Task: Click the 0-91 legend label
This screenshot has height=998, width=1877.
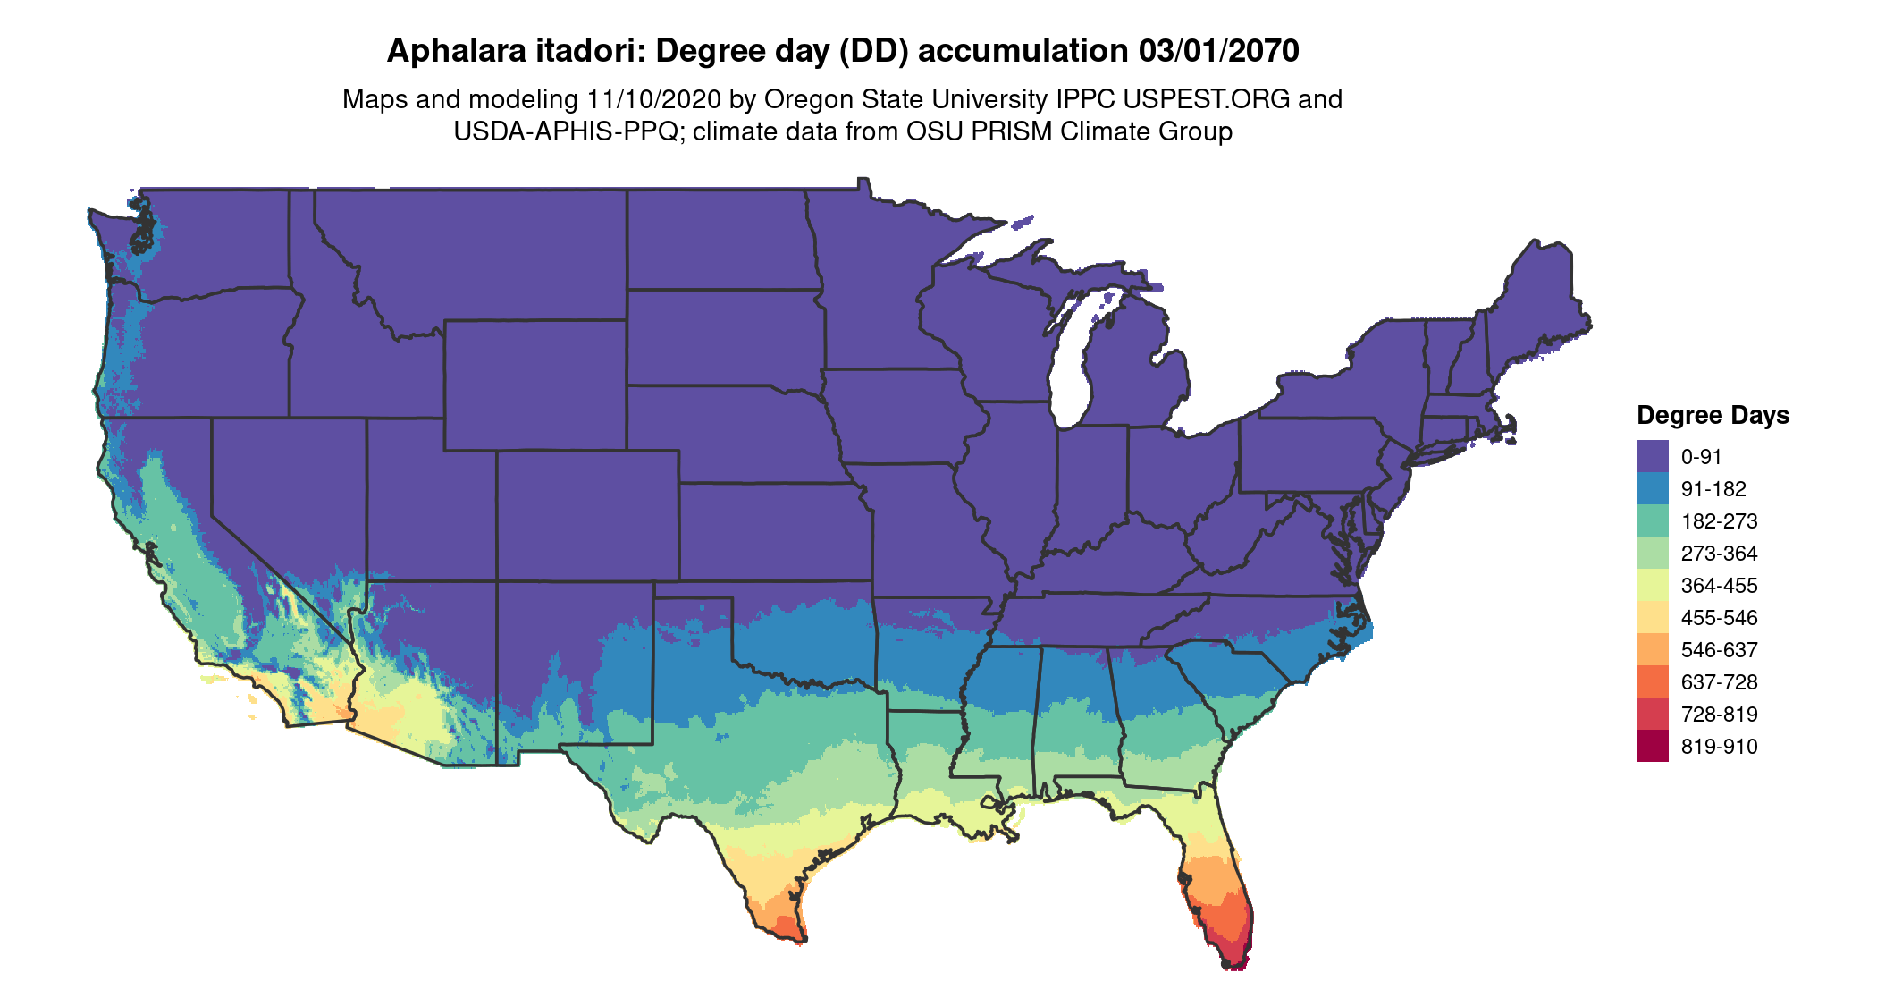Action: point(1701,457)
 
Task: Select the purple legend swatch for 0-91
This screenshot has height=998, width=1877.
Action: point(1652,456)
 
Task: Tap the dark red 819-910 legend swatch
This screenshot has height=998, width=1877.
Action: point(1652,746)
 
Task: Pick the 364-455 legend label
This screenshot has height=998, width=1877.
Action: point(1719,586)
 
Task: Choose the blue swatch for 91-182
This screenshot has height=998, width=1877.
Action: point(1652,488)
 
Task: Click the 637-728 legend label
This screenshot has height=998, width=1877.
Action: point(1719,682)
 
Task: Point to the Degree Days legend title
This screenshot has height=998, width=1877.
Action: point(1713,415)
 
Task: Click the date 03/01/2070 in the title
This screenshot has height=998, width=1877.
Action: point(1218,51)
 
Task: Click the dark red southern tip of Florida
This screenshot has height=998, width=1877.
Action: point(1237,959)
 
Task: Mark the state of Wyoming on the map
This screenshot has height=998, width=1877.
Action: point(534,385)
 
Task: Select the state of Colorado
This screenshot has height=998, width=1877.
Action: point(587,516)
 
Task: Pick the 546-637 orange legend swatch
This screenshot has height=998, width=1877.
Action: point(1652,649)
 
